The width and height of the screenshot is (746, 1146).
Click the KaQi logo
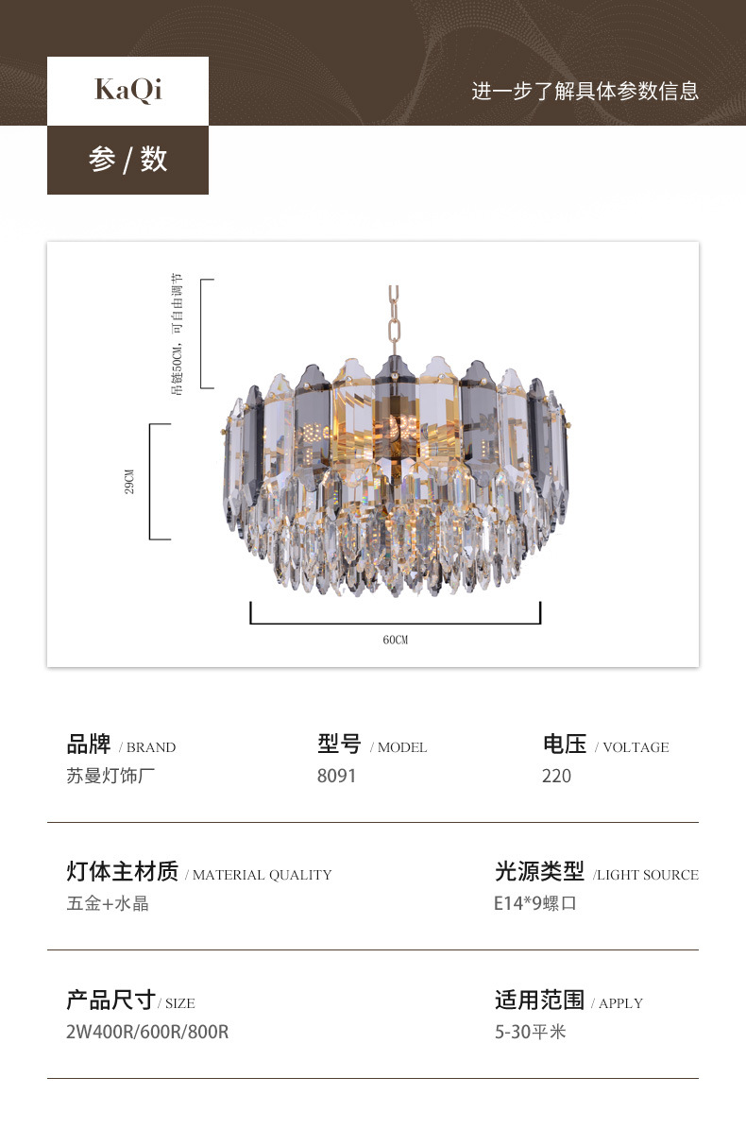[x=127, y=90]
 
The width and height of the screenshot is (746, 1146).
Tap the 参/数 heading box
[x=127, y=160]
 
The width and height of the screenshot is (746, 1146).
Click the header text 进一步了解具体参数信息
[x=585, y=92]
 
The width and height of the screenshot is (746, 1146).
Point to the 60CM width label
[x=395, y=641]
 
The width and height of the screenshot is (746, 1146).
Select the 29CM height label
[x=130, y=482]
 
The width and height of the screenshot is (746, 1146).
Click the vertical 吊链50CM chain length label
[x=178, y=334]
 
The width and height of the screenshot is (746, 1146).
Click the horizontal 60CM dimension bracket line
[x=395, y=623]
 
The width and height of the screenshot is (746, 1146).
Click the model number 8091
[x=336, y=776]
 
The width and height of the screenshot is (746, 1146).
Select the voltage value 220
[x=556, y=776]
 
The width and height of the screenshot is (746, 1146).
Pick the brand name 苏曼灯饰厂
[x=110, y=776]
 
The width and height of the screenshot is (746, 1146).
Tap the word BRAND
[x=151, y=747]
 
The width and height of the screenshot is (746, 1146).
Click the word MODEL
[x=401, y=747]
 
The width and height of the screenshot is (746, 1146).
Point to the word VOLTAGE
[x=635, y=747]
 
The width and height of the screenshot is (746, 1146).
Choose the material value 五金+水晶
[x=108, y=903]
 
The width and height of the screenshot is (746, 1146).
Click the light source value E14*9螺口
[x=534, y=903]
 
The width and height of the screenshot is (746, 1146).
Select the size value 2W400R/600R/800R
[x=147, y=1032]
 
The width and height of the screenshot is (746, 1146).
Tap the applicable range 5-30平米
[x=530, y=1032]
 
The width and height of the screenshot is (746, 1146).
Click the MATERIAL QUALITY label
[x=262, y=875]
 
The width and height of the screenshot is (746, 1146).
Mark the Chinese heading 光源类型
[x=539, y=871]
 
